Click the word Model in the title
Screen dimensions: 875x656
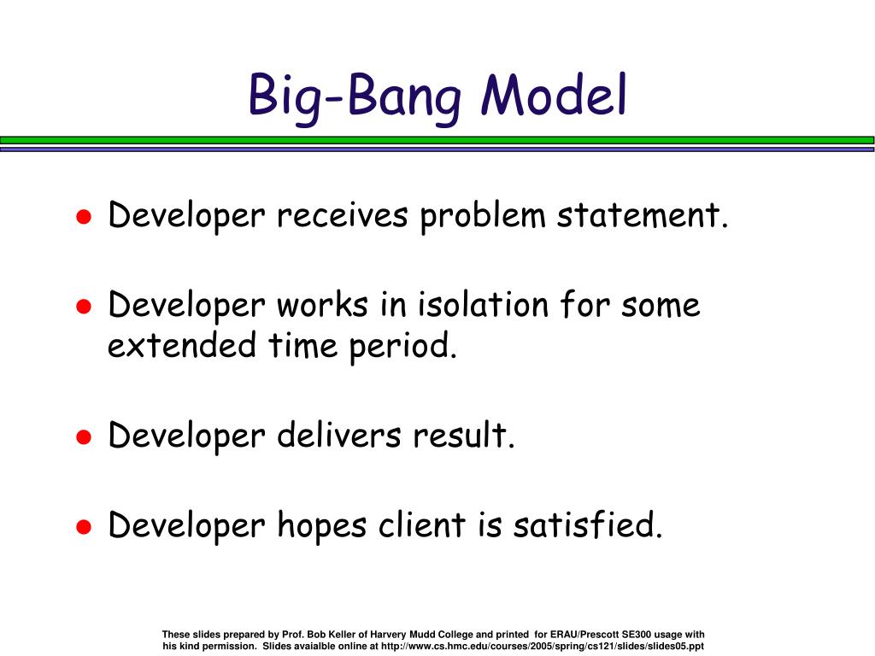click(x=554, y=95)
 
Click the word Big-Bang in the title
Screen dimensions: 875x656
click(x=355, y=97)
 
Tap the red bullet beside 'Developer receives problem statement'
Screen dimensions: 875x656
click(x=84, y=216)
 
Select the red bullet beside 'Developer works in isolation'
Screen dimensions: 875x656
click(x=84, y=307)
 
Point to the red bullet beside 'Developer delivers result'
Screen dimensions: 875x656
click(x=84, y=436)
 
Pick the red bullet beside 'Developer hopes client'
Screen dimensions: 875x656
click(x=84, y=526)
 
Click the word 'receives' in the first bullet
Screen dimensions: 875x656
click(x=342, y=214)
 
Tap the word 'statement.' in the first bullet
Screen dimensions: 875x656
click(x=643, y=214)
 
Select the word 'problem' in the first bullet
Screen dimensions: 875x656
click(x=482, y=216)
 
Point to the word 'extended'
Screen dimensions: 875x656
click(x=182, y=345)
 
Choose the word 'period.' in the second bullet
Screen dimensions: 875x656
click(x=403, y=347)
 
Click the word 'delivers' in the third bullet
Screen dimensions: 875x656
click(x=338, y=435)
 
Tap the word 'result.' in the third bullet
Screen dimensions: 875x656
click(x=463, y=435)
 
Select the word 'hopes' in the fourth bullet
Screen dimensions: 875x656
click(x=321, y=526)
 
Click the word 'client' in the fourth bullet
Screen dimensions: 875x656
click(x=422, y=524)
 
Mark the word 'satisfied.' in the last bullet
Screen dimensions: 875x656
click(x=588, y=524)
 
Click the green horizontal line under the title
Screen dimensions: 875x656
click(x=437, y=140)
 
